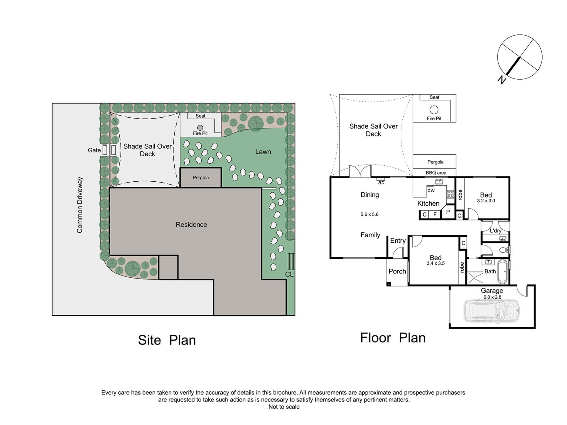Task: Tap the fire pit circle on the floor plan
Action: coord(434,110)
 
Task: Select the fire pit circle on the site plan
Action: coord(200,128)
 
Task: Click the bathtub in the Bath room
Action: coord(502,271)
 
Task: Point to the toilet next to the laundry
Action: coord(504,250)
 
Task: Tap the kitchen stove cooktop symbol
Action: coord(450,194)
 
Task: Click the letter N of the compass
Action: coord(502,80)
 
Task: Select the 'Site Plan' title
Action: coord(167,340)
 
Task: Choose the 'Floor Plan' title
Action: coord(393,338)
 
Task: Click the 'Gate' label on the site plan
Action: coord(94,150)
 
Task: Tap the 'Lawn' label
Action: coord(263,152)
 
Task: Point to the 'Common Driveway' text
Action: coord(80,205)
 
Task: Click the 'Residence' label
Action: coord(191,225)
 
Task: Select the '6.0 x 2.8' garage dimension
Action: coord(492,297)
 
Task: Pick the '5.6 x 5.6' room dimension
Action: coord(369,214)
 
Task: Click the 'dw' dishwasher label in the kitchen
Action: coord(431,190)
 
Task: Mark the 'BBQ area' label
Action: coord(436,173)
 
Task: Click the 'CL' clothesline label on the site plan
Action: coord(289,274)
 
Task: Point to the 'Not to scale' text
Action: coord(284,407)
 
